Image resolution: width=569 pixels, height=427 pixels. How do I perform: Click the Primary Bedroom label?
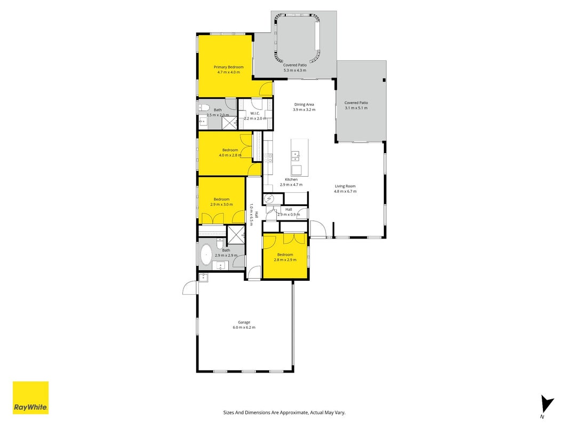coord(228,67)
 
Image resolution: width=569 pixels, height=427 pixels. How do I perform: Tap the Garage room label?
coord(244,322)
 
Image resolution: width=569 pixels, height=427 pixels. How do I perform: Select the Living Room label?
coord(345,186)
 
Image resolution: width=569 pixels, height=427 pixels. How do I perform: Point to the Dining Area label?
coord(304,105)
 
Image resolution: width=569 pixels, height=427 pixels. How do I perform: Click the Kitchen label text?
coord(291,179)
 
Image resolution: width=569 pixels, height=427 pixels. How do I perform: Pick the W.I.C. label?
coord(255,113)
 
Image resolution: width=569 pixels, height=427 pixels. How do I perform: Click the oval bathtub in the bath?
coord(206,255)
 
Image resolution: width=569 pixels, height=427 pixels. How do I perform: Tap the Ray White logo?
coord(30,398)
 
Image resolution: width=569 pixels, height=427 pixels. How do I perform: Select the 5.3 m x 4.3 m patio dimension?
coord(295,70)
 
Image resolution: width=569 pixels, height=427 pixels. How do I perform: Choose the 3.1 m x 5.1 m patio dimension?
coord(356,108)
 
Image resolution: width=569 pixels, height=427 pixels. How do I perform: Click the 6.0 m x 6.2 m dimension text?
coord(244,328)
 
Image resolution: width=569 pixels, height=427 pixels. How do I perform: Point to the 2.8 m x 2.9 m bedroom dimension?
coord(285,260)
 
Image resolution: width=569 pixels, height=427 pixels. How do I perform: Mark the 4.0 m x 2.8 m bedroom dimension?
coord(230,155)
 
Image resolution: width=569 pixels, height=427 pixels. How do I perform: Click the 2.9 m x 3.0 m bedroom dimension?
coord(221,204)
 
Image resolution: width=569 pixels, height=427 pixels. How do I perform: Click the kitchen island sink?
coord(296,156)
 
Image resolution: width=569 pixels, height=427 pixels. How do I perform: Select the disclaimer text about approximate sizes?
coord(284,413)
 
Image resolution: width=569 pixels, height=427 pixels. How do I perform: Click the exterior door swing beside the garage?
coord(189,288)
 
